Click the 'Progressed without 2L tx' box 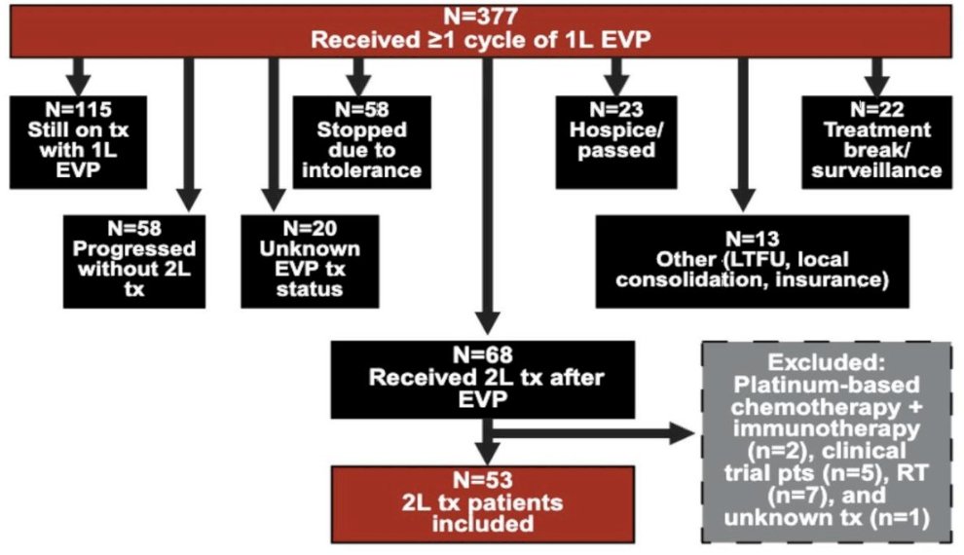(133, 258)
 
